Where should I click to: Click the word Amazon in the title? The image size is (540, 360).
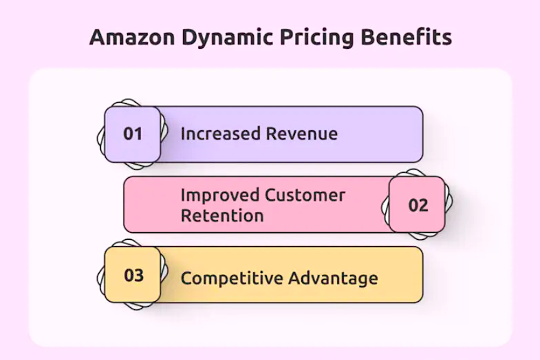pyautogui.click(x=132, y=37)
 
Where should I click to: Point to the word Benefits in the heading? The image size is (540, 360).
pyautogui.click(x=406, y=37)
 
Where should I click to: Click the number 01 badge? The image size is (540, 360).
pyautogui.click(x=132, y=133)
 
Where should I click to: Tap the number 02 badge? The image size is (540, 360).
pyautogui.click(x=418, y=205)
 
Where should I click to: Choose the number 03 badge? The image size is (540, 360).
pyautogui.click(x=133, y=275)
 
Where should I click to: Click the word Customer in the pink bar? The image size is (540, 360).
pyautogui.click(x=304, y=195)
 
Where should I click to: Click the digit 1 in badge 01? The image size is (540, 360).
pyautogui.click(x=138, y=133)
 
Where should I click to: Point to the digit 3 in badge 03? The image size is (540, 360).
pyautogui.click(x=139, y=275)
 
